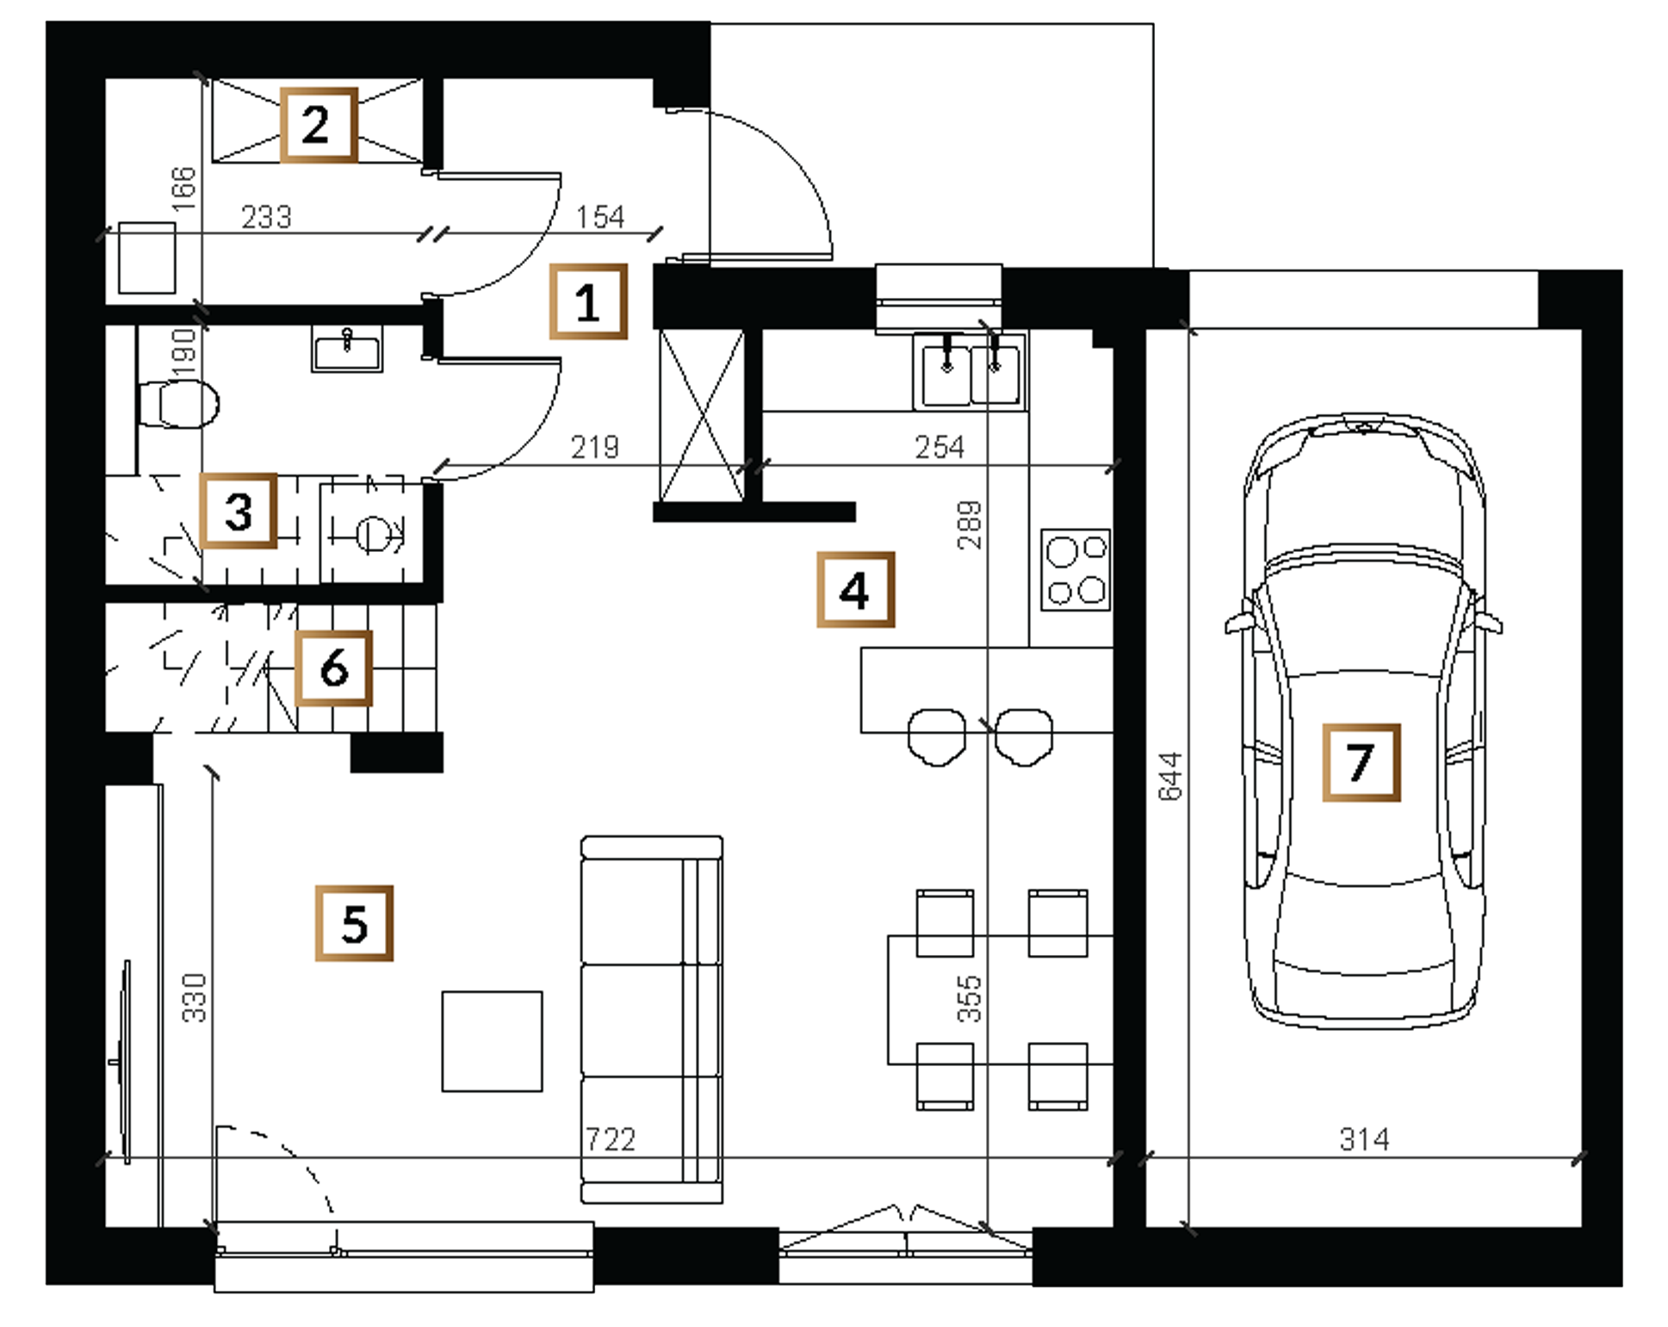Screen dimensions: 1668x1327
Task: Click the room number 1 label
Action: pyautogui.click(x=588, y=301)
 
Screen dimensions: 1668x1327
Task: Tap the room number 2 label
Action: pyautogui.click(x=318, y=125)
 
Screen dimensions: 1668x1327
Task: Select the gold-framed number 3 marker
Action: pyautogui.click(x=239, y=511)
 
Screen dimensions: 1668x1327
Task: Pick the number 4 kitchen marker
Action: pyautogui.click(x=855, y=590)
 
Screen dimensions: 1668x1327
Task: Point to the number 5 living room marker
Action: pyautogui.click(x=354, y=923)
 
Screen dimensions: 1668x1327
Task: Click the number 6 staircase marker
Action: pyautogui.click(x=333, y=668)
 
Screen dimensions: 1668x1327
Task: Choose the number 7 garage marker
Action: pyautogui.click(x=1361, y=763)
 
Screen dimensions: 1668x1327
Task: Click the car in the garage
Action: pyautogui.click(x=1364, y=721)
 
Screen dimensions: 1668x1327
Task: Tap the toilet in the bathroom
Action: pyautogui.click(x=178, y=403)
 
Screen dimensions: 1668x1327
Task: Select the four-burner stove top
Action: pyautogui.click(x=1076, y=569)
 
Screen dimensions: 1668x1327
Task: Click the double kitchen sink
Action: pyautogui.click(x=970, y=372)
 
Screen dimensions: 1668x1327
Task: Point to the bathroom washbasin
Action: pyautogui.click(x=347, y=350)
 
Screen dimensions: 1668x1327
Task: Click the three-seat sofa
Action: pyautogui.click(x=652, y=1019)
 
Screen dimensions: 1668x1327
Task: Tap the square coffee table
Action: pyautogui.click(x=493, y=1041)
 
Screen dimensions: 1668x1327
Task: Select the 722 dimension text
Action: pyautogui.click(x=611, y=1139)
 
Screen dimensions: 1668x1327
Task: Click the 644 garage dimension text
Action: pyautogui.click(x=1170, y=777)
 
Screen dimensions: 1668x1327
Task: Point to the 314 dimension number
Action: pyautogui.click(x=1365, y=1139)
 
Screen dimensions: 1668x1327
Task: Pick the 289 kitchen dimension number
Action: pyautogui.click(x=969, y=524)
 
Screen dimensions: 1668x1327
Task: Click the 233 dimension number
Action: pyautogui.click(x=266, y=216)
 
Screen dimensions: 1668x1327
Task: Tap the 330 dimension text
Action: pyautogui.click(x=195, y=998)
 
